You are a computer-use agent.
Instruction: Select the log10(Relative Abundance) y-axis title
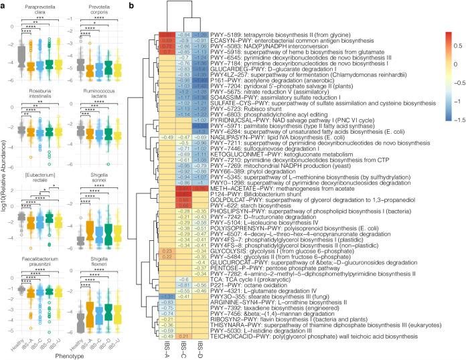point(5,181)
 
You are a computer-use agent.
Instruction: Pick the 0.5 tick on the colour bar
point(456,48)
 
